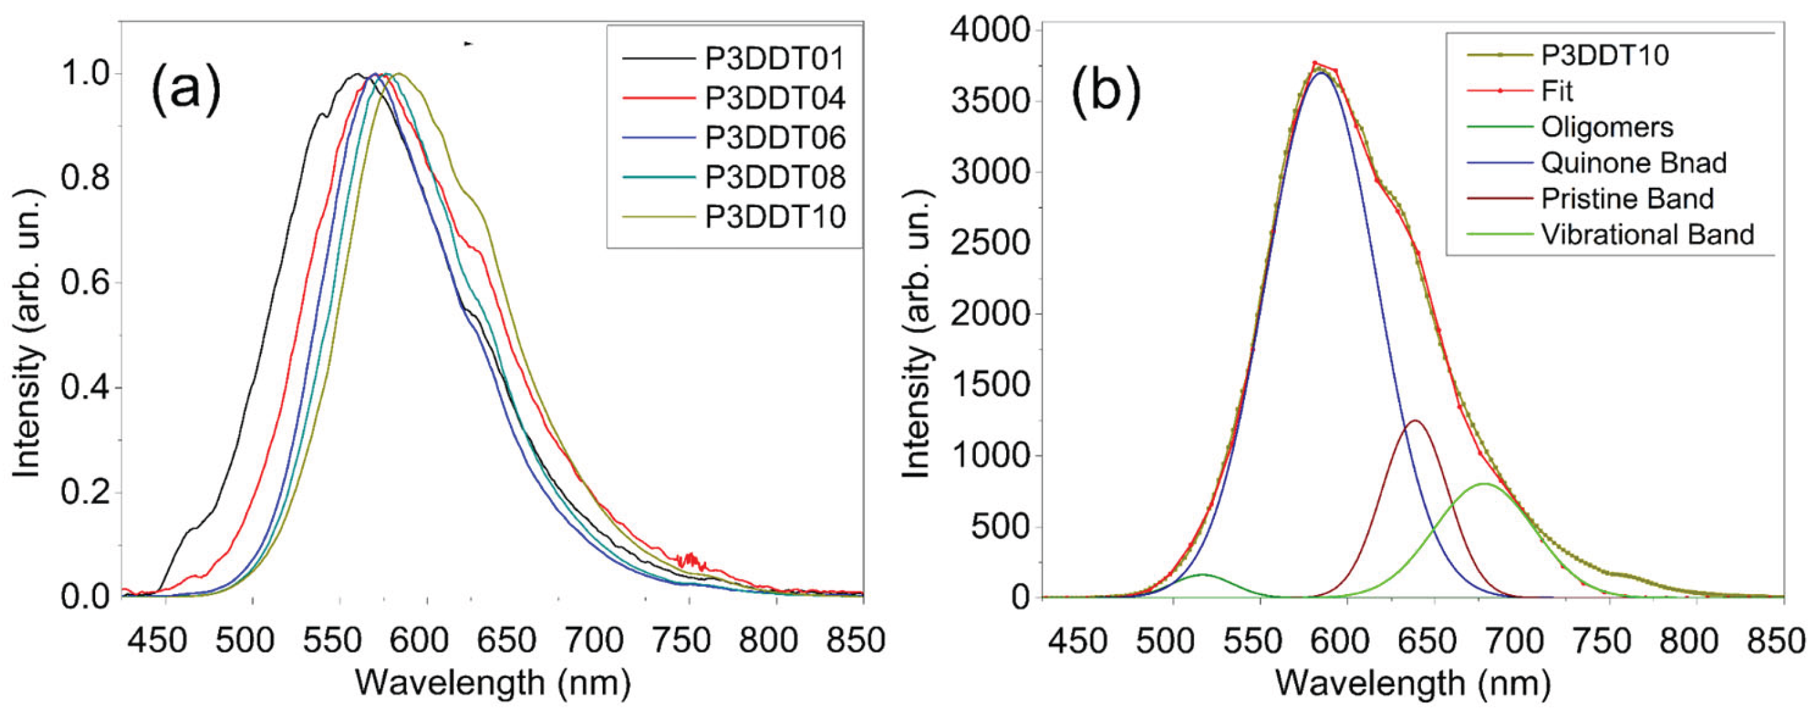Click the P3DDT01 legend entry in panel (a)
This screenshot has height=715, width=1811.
tap(774, 59)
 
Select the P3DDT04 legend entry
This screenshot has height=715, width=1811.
tap(774, 98)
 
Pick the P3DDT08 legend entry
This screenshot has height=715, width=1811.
tap(774, 177)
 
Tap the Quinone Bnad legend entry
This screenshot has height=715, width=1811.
tap(1633, 163)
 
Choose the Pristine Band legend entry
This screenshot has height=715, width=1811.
tap(1627, 199)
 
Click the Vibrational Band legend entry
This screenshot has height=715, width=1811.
tap(1647, 234)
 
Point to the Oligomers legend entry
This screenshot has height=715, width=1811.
tap(1606, 127)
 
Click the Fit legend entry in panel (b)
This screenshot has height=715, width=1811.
tap(1556, 91)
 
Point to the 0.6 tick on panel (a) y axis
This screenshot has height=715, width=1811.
tap(85, 282)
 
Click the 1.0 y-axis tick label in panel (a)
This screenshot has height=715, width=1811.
tap(85, 74)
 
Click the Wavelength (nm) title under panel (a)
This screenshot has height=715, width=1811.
tap(492, 682)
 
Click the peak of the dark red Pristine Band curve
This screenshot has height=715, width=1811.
tap(1414, 421)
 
